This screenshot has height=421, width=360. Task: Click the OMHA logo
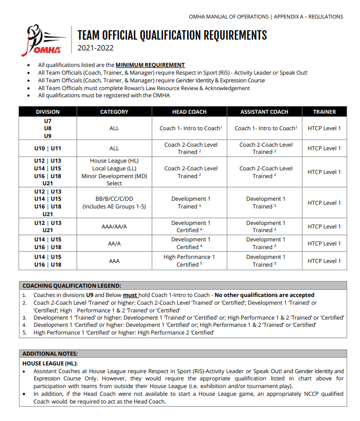tap(45, 41)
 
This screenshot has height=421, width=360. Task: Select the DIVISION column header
tap(48, 112)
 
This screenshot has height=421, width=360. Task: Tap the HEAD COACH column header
tap(190, 112)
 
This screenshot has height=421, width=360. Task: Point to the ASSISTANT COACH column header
tap(264, 112)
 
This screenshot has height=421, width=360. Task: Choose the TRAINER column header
tap(324, 112)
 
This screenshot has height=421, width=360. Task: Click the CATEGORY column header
tap(114, 112)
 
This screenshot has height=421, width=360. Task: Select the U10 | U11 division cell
tap(48, 148)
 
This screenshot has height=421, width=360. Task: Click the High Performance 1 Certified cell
tap(190, 261)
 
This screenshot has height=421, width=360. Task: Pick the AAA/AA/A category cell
tap(114, 226)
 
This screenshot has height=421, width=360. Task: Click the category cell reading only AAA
tap(114, 261)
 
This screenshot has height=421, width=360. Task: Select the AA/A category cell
tap(114, 243)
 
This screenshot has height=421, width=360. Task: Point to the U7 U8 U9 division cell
tap(48, 128)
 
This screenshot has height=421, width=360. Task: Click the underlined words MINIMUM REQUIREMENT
tap(150, 65)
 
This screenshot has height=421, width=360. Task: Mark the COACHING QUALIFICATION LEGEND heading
tap(71, 286)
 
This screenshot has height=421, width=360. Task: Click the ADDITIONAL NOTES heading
tap(50, 354)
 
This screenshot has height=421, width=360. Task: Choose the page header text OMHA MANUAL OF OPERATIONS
tap(229, 16)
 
